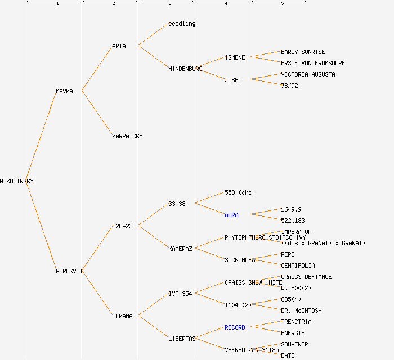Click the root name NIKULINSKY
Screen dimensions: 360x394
pyautogui.click(x=17, y=181)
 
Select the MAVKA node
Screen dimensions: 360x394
pyautogui.click(x=64, y=91)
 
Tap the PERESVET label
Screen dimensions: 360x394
pyautogui.click(x=69, y=271)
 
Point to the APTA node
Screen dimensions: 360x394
pyautogui.click(x=119, y=46)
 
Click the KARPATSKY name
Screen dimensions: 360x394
pyautogui.click(x=127, y=136)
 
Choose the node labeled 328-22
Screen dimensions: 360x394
pyautogui.click(x=122, y=226)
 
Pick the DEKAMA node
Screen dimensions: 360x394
pyautogui.click(x=122, y=316)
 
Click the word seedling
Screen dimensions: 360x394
pyautogui.click(x=182, y=24)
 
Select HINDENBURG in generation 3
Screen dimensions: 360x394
pyautogui.click(x=185, y=69)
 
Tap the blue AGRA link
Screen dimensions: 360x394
pyautogui.click(x=231, y=215)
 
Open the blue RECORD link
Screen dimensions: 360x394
pyautogui.click(x=235, y=327)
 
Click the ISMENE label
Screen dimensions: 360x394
pyautogui.click(x=235, y=57)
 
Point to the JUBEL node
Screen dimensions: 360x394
pyautogui.click(x=233, y=80)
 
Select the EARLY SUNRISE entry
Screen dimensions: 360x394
pyautogui.click(x=303, y=52)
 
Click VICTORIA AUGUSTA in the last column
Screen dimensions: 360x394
pyautogui.click(x=308, y=74)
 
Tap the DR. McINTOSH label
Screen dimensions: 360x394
pyautogui.click(x=301, y=310)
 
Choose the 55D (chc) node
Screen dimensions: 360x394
pyautogui.click(x=240, y=192)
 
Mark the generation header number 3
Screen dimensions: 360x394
pyautogui.click(x=169, y=4)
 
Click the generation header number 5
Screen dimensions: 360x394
pyautogui.click(x=282, y=4)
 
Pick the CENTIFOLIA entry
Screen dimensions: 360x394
pyautogui.click(x=298, y=265)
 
